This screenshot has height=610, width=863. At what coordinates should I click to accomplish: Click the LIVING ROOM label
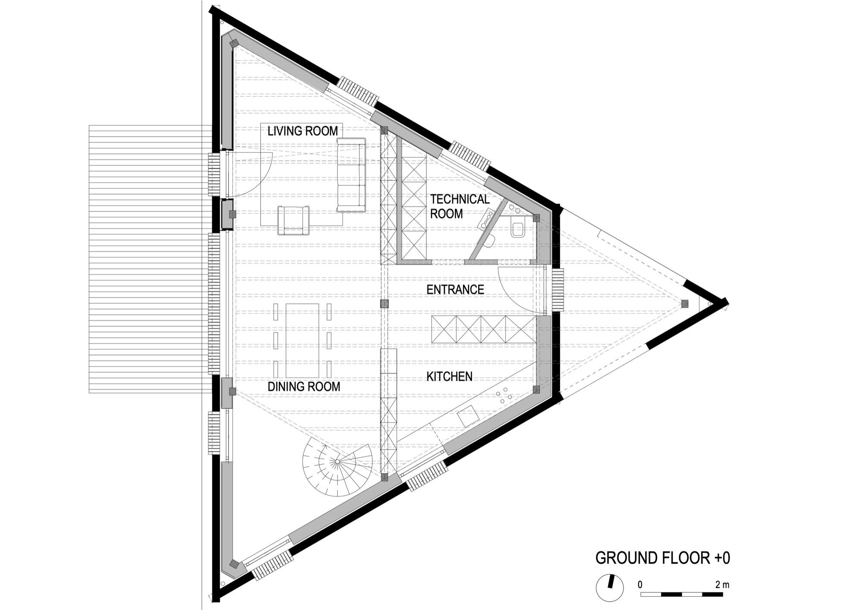302,131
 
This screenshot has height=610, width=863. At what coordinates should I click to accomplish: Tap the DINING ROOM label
304,386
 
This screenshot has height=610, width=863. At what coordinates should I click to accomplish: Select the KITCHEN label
449,376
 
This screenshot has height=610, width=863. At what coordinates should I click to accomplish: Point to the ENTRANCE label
455,289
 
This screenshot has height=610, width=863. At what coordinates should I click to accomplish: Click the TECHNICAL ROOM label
460,206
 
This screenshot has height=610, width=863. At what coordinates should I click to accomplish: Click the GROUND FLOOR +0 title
662,558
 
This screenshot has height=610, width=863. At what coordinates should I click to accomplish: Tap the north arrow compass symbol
610,587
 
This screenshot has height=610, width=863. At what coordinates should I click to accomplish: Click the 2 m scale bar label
722,585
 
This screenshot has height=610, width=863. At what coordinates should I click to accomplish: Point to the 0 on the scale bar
640,585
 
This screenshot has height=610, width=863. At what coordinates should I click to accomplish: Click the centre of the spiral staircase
337,462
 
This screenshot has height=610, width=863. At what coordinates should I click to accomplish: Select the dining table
302,340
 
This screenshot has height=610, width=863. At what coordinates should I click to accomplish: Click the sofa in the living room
351,175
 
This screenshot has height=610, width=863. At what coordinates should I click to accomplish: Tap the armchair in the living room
294,221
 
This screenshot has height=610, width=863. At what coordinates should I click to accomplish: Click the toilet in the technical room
517,228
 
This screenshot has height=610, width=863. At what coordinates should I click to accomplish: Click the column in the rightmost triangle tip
684,304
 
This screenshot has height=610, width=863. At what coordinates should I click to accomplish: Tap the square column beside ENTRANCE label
384,304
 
